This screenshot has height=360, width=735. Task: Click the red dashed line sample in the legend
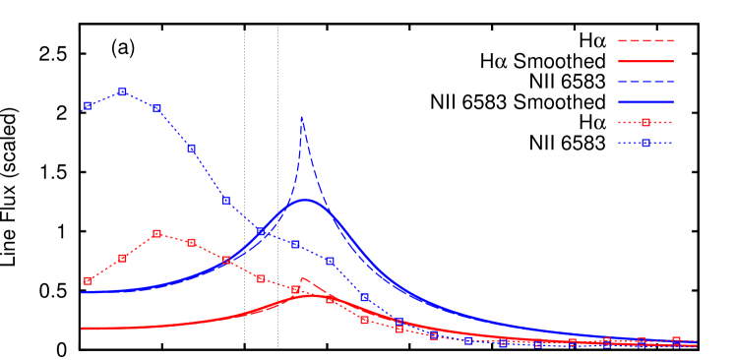[645, 41]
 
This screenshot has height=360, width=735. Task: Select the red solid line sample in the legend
[645, 61]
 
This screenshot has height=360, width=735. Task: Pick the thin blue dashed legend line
[645, 82]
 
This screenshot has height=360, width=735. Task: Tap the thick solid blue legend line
[645, 101]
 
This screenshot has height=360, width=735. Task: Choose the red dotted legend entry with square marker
[645, 123]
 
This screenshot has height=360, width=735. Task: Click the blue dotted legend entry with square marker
[645, 143]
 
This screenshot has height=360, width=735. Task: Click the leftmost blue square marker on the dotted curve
[88, 105]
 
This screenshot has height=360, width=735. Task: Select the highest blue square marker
[122, 91]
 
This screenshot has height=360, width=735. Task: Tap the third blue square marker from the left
[157, 108]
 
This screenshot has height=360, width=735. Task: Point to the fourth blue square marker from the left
[191, 148]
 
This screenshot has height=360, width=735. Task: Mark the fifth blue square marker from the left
[226, 200]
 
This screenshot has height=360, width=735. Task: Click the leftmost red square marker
[88, 280]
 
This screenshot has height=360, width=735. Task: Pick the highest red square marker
[157, 233]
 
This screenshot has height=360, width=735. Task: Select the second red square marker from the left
[122, 258]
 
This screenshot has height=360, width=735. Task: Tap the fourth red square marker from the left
[191, 242]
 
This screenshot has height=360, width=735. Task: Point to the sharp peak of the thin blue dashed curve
[301, 117]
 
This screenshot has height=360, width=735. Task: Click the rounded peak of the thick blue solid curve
[306, 200]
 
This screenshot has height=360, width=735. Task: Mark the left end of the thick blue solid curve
[82, 292]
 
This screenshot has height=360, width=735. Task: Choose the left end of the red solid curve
[82, 329]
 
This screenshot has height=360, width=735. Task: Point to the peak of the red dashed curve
[303, 278]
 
